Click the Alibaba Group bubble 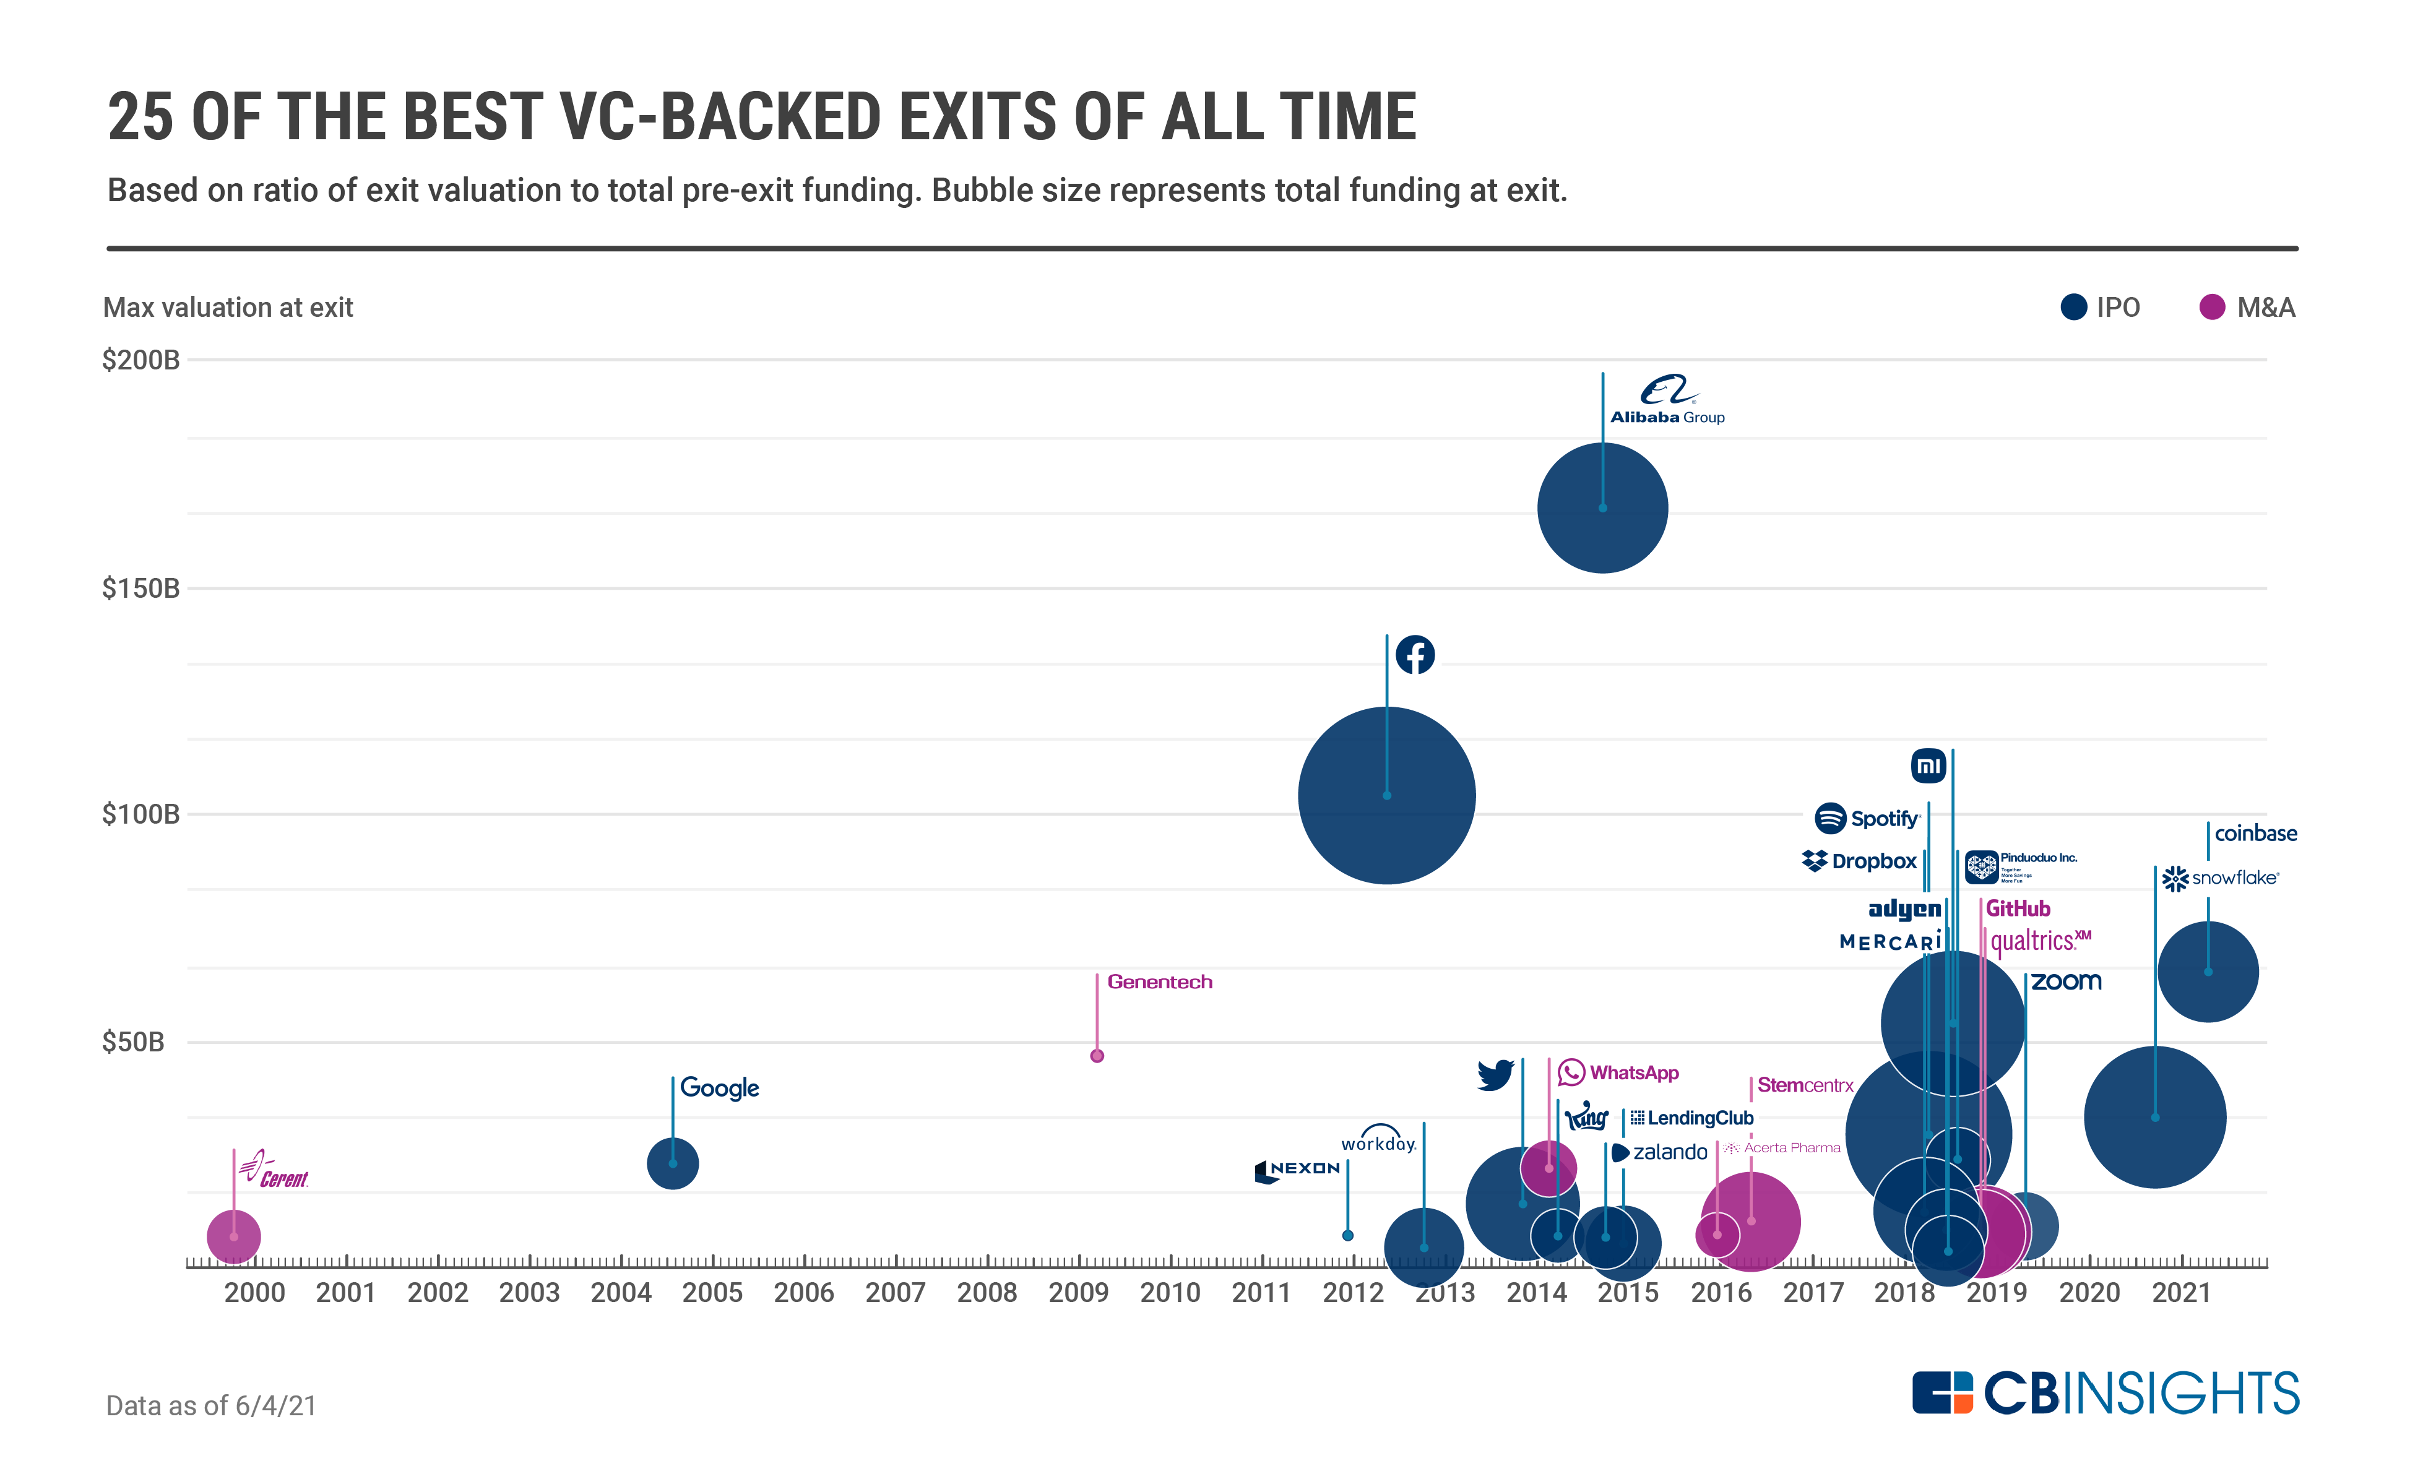[x=1602, y=507]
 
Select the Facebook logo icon [x=1415, y=655]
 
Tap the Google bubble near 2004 [x=672, y=1163]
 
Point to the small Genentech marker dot [x=1097, y=1056]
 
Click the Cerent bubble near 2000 [x=233, y=1236]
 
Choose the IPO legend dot [x=2073, y=308]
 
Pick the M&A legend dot [x=2211, y=308]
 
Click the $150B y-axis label [x=140, y=589]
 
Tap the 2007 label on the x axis [x=895, y=1292]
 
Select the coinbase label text [x=2255, y=834]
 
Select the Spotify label [x=1867, y=819]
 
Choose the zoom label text [x=2067, y=981]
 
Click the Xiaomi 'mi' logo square [x=1928, y=765]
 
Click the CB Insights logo [x=2105, y=1393]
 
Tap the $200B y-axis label [x=140, y=360]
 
